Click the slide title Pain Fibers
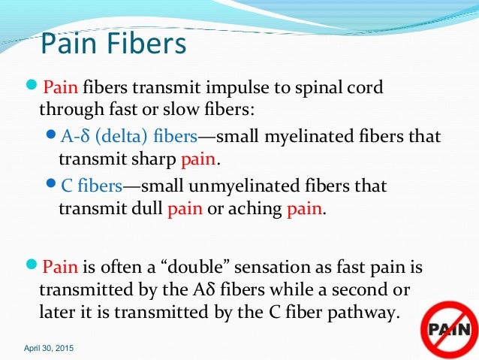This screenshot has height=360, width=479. tap(112, 44)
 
